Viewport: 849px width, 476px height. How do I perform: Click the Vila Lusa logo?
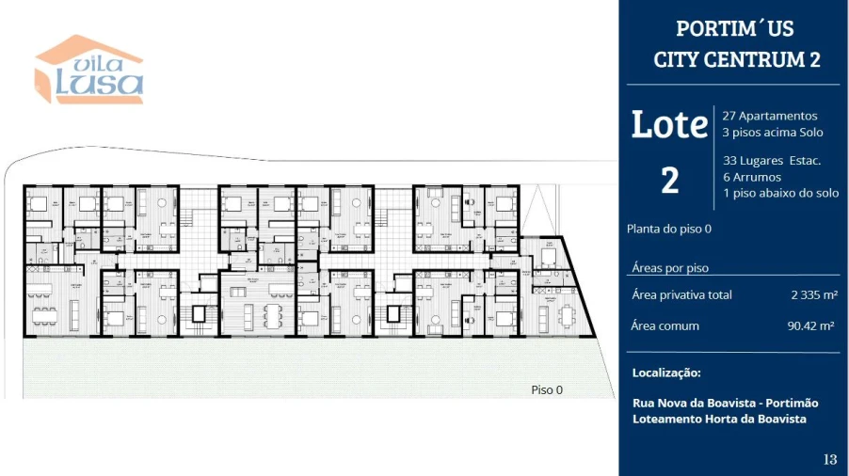[x=89, y=71]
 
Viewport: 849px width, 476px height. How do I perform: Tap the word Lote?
[x=669, y=124]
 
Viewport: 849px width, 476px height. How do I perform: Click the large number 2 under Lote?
[x=669, y=180]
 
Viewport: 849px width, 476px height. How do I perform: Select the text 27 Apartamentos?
[x=770, y=116]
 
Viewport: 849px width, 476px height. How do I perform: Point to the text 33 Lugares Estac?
[x=772, y=161]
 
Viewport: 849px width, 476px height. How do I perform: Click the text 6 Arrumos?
[x=752, y=177]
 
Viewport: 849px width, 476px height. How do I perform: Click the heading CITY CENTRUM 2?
[x=736, y=59]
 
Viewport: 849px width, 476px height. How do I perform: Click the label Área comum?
[x=665, y=326]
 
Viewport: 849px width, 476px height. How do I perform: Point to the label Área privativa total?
[x=681, y=295]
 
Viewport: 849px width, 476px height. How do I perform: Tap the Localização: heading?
[x=666, y=373]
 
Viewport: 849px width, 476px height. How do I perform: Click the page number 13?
[x=829, y=459]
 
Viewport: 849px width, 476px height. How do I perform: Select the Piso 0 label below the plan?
[x=547, y=389]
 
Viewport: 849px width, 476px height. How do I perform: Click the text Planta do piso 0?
[x=669, y=229]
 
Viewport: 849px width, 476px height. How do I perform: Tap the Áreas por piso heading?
[x=670, y=268]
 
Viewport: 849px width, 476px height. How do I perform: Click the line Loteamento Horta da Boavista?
[x=719, y=419]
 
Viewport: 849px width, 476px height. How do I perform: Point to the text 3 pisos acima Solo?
[x=773, y=133]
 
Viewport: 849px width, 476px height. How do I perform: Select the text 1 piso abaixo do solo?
[x=780, y=193]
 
